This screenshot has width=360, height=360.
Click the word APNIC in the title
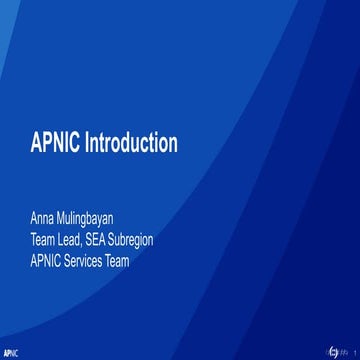pos(52,143)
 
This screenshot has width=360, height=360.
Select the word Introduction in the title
pos(127,143)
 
